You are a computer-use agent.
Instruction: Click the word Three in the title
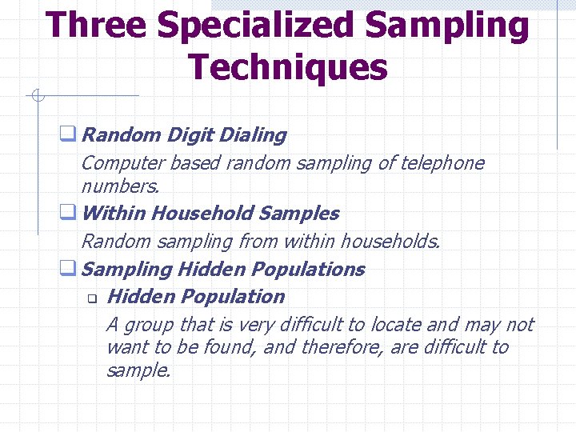click(x=97, y=26)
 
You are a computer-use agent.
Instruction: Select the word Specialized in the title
click(x=254, y=26)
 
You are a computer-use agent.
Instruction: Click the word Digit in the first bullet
click(x=190, y=135)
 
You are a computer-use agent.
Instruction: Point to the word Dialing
click(x=252, y=135)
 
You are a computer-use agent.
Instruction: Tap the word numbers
click(x=120, y=186)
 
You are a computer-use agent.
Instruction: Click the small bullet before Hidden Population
click(x=91, y=299)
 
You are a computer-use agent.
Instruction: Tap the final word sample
click(x=138, y=370)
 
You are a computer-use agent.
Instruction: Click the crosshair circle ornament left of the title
click(x=36, y=97)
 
